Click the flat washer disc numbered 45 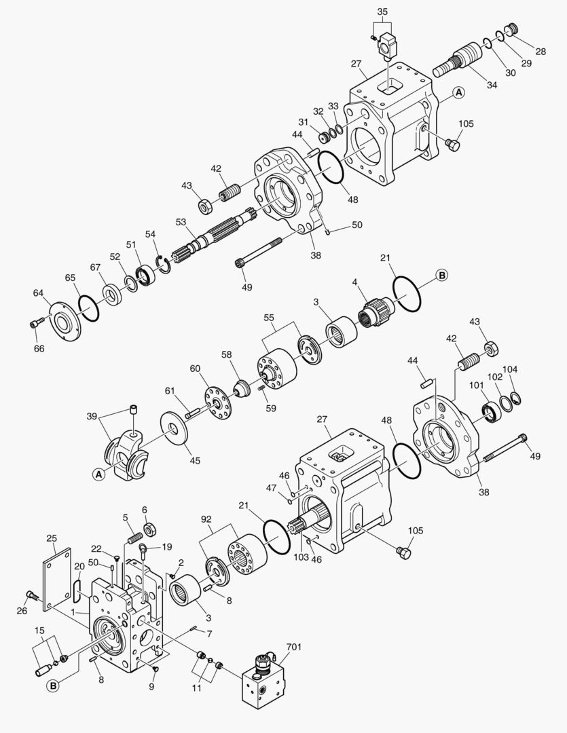pyautogui.click(x=180, y=429)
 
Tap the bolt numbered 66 pyautogui.click(x=36, y=324)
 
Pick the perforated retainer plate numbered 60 pyautogui.click(x=218, y=406)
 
